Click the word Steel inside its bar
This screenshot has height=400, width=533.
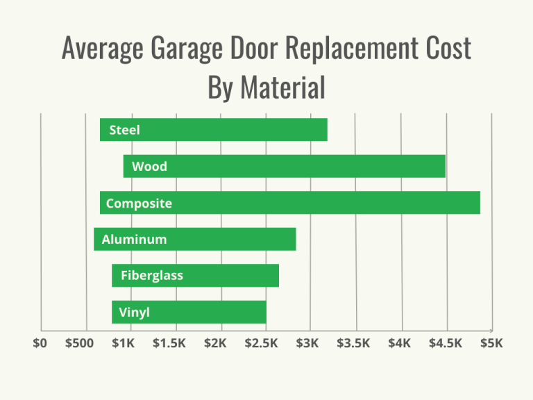coord(124,130)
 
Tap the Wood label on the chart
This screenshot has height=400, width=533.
coord(149,167)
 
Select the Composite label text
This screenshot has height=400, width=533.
coord(139,203)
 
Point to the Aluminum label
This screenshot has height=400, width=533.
coord(134,240)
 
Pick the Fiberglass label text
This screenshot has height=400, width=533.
coord(151,276)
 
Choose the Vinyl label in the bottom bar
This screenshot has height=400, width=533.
coord(134,312)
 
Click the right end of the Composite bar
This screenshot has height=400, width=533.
coord(479,203)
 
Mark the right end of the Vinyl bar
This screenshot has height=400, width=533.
coord(265,312)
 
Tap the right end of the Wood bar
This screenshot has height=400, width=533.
coord(444,167)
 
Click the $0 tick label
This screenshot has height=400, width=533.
coord(40,343)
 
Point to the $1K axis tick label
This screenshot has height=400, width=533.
coord(124,343)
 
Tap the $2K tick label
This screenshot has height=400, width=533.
coord(216,343)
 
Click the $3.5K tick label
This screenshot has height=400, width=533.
coord(354,343)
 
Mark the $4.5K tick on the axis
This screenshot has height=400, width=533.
coord(446,343)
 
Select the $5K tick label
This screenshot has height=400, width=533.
coord(491,343)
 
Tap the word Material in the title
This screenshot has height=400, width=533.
coord(283,87)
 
